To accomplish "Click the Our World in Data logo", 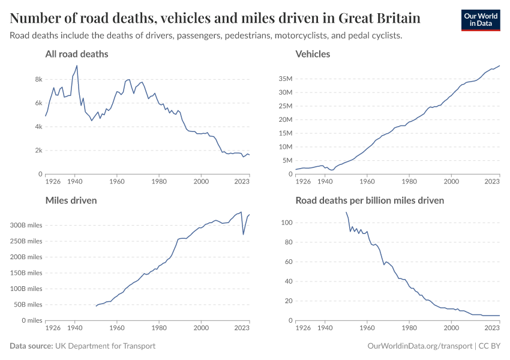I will [x=480, y=20].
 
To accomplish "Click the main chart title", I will [x=215, y=17].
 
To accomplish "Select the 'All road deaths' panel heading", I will [x=77, y=54].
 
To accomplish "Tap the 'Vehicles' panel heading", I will [x=313, y=54].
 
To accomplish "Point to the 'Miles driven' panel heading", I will [x=71, y=200].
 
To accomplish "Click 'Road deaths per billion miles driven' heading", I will [x=370, y=200].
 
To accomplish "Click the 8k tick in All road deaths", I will [x=38, y=79].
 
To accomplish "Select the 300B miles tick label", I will [x=23, y=226].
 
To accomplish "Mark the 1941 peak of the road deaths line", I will [x=77, y=65].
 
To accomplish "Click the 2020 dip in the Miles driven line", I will [x=243, y=234].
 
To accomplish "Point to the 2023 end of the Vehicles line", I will [x=499, y=65].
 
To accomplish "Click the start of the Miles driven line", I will [x=96, y=306].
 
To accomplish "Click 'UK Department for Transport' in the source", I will [x=105, y=346].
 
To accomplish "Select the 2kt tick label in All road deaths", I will [x=38, y=151].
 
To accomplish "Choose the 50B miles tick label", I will [x=25, y=305].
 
